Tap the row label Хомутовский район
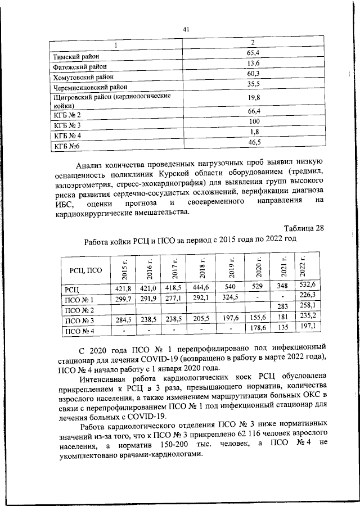83,77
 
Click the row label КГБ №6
66,146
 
